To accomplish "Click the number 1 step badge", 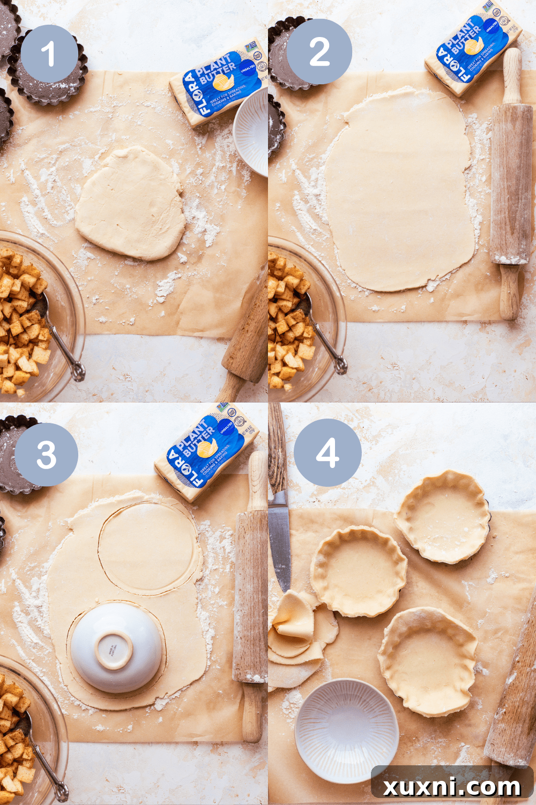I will (48, 54).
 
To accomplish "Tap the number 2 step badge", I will (319, 52).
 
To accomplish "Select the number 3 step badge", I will (47, 455).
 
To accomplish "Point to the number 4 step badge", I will (327, 452).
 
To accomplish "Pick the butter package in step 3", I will (207, 451).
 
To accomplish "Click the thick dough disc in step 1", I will (131, 203).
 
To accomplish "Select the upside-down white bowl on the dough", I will (116, 647).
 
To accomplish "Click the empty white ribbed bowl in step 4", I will (347, 729).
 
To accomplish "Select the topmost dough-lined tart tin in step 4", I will (443, 516).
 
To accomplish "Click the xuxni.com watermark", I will (452, 787).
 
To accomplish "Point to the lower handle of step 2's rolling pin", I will (509, 292).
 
